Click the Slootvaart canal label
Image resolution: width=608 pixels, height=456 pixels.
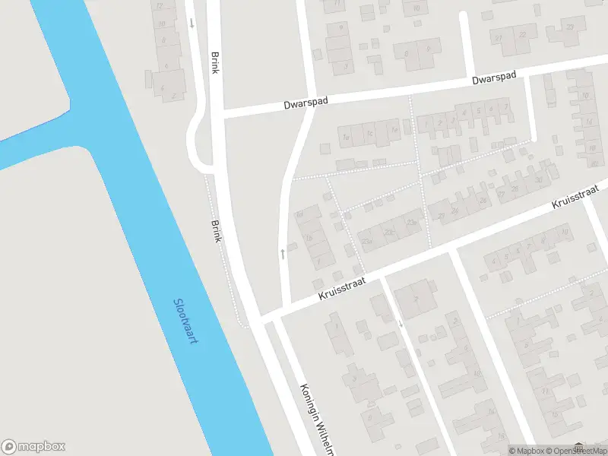[185, 320]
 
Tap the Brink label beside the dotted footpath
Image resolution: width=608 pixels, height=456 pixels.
[217, 231]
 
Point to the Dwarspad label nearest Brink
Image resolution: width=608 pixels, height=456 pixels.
[307, 101]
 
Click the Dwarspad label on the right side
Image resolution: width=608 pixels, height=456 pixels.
[494, 78]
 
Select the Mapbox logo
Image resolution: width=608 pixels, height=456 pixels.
[33, 447]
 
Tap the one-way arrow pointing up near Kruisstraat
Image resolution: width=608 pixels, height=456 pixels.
[283, 252]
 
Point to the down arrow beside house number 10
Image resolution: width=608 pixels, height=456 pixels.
[192, 23]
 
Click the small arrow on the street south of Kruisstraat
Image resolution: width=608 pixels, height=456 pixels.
[401, 323]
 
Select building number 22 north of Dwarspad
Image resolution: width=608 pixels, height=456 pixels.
[522, 35]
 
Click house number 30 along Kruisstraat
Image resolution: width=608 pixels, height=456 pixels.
[538, 179]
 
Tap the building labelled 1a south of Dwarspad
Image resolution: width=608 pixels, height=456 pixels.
[346, 138]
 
